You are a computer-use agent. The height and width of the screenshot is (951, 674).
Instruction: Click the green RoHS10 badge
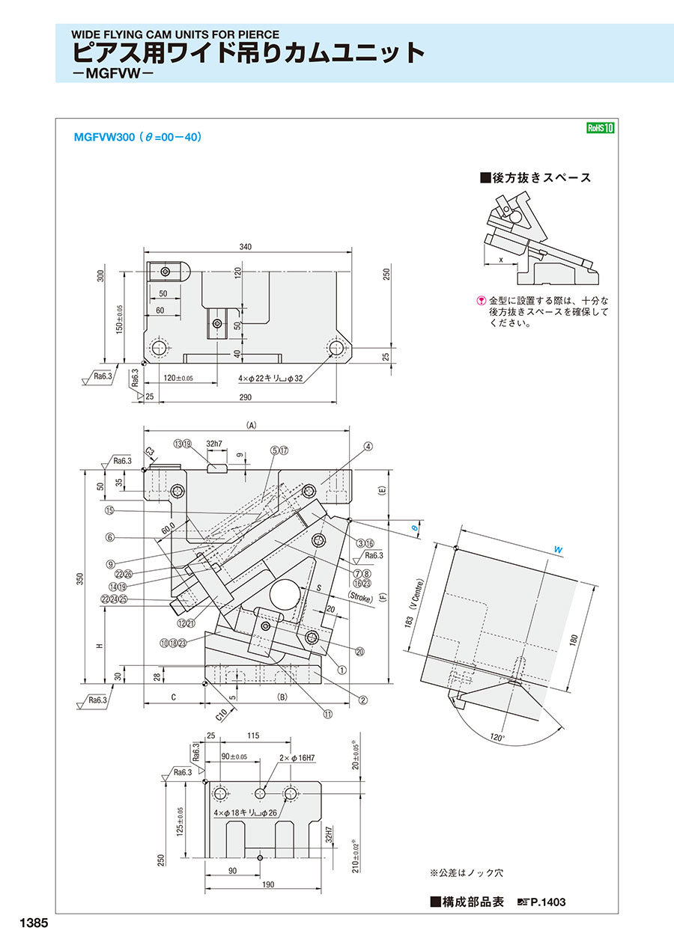(x=601, y=128)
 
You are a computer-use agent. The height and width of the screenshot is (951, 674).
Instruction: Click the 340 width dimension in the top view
(x=245, y=247)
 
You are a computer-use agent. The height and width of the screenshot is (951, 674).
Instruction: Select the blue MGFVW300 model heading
(x=138, y=137)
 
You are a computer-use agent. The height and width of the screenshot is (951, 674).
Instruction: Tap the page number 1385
(x=34, y=923)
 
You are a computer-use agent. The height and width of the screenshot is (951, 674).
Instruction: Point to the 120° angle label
(x=497, y=738)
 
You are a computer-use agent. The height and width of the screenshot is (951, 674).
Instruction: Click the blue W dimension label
(x=558, y=550)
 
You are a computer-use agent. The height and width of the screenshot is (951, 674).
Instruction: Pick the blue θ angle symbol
(x=415, y=528)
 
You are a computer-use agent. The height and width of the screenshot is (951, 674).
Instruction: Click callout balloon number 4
(x=368, y=446)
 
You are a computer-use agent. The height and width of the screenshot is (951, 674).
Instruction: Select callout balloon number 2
(x=362, y=700)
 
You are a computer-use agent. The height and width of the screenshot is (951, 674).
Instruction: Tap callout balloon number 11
(x=328, y=714)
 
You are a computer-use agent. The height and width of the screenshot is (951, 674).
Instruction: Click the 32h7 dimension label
(x=213, y=444)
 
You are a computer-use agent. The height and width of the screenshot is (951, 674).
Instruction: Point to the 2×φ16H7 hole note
(x=297, y=758)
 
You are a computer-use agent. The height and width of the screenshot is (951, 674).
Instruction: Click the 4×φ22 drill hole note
(x=270, y=378)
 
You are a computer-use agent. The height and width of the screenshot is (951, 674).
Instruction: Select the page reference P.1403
(x=547, y=902)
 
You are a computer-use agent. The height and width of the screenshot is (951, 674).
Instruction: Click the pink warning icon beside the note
(x=481, y=301)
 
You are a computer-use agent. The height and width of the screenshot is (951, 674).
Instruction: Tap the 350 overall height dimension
(x=80, y=578)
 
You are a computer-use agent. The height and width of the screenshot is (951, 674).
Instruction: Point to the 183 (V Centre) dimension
(x=414, y=603)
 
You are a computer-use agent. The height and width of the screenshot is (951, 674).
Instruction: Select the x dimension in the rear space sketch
(x=500, y=260)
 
